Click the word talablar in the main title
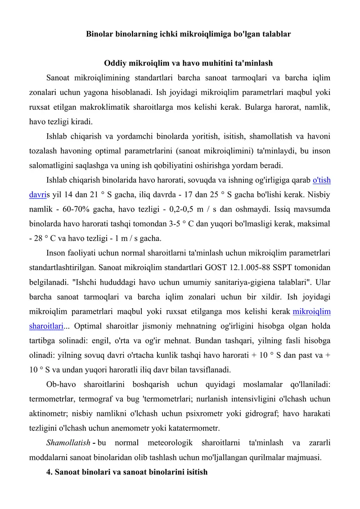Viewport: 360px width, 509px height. tap(274, 34)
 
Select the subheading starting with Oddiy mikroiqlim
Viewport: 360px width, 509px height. tap(189, 63)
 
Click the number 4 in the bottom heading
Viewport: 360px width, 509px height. tap(49, 472)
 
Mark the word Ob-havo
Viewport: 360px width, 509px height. tap(60, 384)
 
